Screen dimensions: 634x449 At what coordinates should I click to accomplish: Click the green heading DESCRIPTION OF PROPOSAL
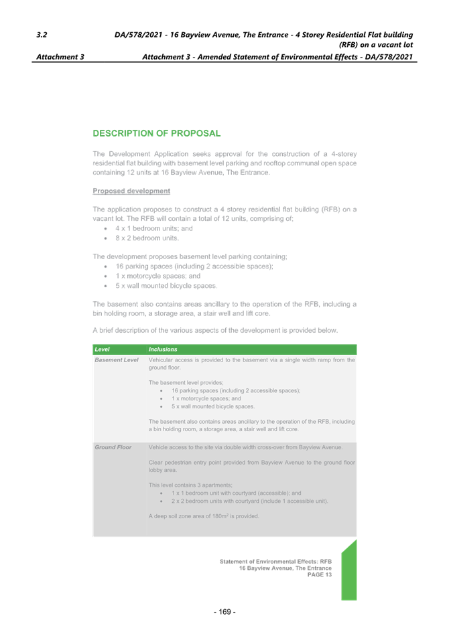point(157,133)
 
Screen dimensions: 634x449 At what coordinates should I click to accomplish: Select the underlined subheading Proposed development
point(131,191)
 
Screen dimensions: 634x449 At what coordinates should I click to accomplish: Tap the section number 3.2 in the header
point(42,34)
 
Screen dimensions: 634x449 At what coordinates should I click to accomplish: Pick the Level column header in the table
point(103,349)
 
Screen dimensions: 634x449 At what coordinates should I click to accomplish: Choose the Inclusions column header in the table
point(163,349)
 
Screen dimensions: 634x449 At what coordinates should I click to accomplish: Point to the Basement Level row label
point(117,360)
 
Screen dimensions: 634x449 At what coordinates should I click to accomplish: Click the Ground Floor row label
point(113,447)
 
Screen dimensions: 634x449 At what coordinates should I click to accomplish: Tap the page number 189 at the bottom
point(224,611)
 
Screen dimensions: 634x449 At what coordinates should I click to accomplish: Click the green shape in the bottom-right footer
point(348,572)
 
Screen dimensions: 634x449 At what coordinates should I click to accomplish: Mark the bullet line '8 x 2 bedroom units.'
point(147,238)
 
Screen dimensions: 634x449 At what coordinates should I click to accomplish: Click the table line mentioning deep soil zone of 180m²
point(204,516)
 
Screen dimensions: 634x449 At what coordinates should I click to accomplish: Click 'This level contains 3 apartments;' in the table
point(190,485)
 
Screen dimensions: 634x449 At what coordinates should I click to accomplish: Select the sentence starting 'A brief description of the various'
point(215,330)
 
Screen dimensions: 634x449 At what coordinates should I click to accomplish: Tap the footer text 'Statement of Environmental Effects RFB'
point(275,561)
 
